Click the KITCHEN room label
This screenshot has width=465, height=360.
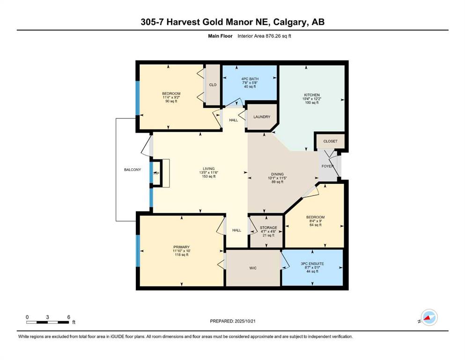(311, 95)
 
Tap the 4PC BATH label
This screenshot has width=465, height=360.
(250, 79)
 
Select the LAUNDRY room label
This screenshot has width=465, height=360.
(262, 117)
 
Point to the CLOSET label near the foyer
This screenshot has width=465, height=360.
(330, 141)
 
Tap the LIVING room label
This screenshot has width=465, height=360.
(208, 169)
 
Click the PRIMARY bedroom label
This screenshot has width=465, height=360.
(181, 247)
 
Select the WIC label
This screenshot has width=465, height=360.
(252, 268)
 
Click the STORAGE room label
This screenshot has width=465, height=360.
(268, 228)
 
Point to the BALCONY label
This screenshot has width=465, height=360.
(133, 170)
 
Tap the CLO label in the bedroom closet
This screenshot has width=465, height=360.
(213, 85)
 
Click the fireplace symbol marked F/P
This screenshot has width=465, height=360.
(156, 173)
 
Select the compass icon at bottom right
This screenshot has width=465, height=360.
(428, 318)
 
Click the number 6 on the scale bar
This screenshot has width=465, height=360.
(68, 317)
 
